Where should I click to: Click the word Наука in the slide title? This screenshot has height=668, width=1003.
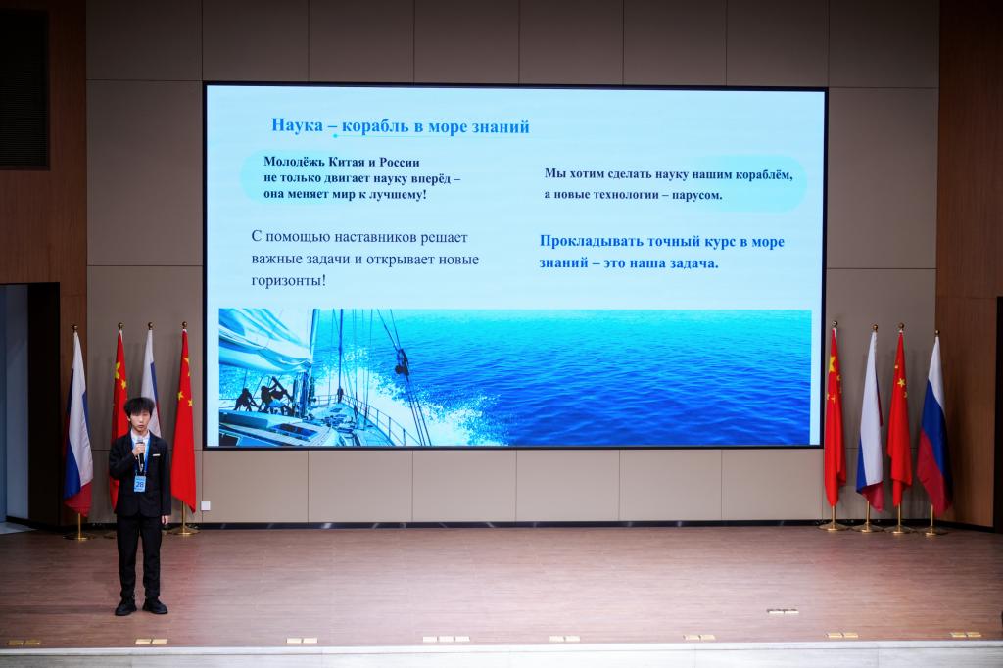[298, 124]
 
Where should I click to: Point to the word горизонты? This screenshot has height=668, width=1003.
[289, 280]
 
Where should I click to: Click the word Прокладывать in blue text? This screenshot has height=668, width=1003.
[591, 241]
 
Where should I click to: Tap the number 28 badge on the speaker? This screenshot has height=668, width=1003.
[139, 484]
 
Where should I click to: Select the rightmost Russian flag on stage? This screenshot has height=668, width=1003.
[934, 425]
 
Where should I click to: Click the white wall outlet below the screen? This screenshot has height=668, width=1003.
[205, 506]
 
